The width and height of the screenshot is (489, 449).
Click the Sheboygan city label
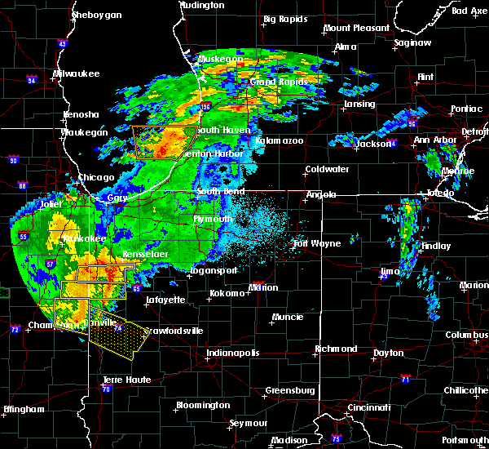tap(98, 16)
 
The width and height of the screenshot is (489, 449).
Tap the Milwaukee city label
tap(76, 74)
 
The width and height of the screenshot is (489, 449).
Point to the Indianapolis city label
tap(233, 353)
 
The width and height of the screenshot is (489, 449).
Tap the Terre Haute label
tap(126, 380)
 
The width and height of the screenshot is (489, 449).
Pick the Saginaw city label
tap(412, 42)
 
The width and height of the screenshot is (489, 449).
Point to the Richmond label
tap(336, 349)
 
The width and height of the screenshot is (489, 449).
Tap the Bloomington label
tap(203, 405)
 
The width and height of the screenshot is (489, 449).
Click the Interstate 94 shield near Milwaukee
tap(31, 80)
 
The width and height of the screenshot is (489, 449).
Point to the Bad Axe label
tap(469, 11)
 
